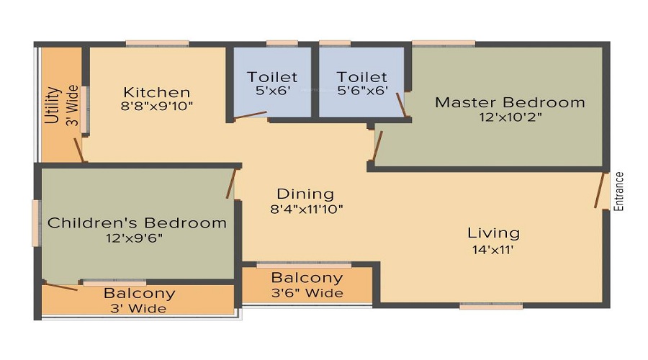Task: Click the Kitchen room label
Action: (156, 92)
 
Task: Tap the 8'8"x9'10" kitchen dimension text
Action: (156, 106)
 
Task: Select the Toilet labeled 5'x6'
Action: (272, 83)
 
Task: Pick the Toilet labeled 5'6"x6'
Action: (362, 83)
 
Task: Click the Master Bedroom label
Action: (510, 102)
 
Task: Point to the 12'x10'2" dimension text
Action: (510, 116)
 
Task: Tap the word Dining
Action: (305, 194)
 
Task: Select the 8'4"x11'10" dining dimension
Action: (305, 210)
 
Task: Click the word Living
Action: (493, 233)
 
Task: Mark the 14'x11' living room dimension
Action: (493, 249)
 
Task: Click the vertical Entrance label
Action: (618, 192)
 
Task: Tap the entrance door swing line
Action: (600, 191)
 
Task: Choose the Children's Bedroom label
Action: (137, 223)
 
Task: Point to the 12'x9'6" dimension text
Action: (137, 238)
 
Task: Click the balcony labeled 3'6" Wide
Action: (307, 285)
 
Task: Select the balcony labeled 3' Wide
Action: (139, 301)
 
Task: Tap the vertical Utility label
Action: (53, 106)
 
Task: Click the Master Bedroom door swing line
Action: (377, 145)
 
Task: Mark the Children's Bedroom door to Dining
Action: (231, 183)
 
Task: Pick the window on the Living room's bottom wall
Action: (491, 306)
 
